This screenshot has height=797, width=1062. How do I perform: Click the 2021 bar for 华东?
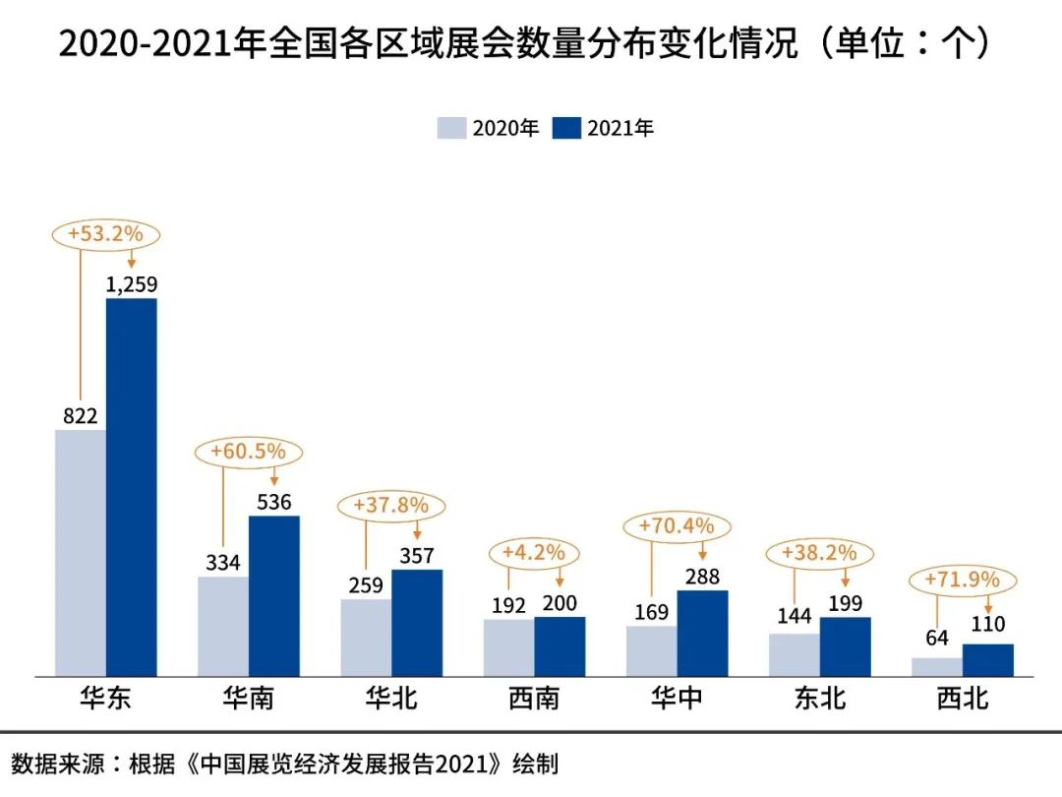tap(132, 487)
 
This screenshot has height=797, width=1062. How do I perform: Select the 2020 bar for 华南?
tap(223, 626)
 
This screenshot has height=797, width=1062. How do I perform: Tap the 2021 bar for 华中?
tap(703, 633)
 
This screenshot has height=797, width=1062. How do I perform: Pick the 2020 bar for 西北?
tap(937, 666)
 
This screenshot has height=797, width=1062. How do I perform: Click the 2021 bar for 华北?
tap(417, 622)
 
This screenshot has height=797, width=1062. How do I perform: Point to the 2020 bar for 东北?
tap(795, 654)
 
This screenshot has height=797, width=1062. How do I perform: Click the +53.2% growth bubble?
tap(105, 234)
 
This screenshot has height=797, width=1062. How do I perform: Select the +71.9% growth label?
tap(962, 580)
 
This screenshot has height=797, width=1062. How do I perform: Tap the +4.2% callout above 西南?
tap(533, 552)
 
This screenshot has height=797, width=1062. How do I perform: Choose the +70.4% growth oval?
tap(677, 525)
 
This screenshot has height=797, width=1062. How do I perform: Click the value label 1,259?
tap(132, 284)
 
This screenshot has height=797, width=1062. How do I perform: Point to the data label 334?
tap(223, 563)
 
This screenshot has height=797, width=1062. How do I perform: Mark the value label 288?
tap(703, 577)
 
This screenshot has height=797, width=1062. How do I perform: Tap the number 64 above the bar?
tap(937, 638)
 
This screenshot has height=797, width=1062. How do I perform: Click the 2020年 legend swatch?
tap(451, 128)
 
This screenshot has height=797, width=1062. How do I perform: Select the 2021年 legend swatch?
tap(566, 128)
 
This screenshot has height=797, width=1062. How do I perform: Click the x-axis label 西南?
tap(534, 699)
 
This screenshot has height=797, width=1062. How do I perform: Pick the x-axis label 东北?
tap(820, 699)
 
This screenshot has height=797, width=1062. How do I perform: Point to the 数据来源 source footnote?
tap(285, 764)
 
